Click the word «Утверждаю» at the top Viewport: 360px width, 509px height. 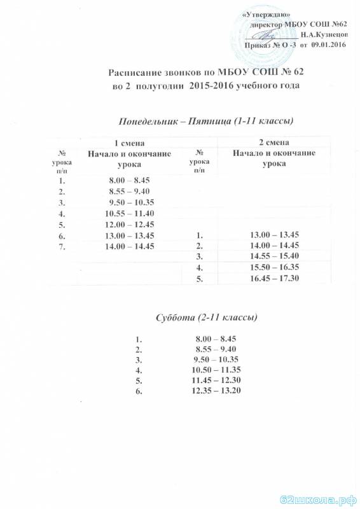pos(267,15)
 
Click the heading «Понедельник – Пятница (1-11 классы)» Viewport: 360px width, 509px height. pos(201,120)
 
